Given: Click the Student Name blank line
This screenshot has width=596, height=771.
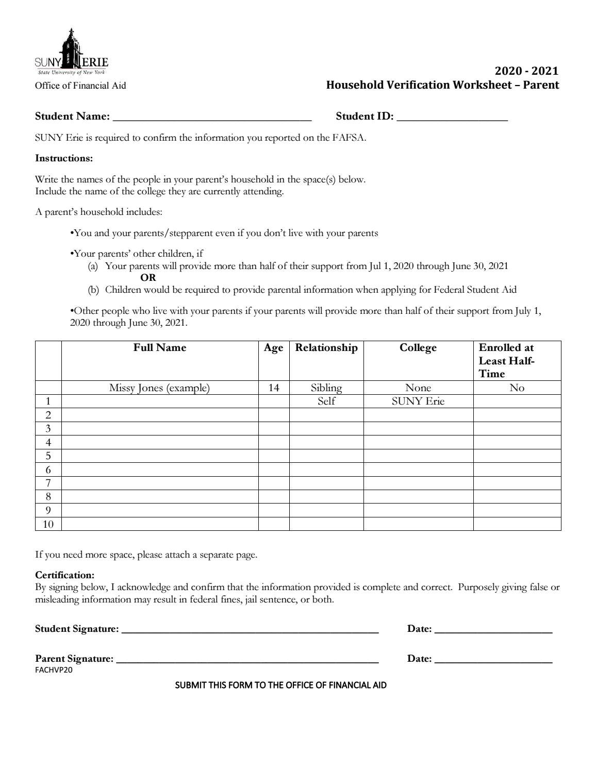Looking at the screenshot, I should click(211, 117).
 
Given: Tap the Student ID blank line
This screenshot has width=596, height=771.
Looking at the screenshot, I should click(452, 117).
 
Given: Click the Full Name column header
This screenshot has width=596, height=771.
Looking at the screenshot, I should click(159, 348).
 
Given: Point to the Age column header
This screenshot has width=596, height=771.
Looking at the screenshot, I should click(273, 348).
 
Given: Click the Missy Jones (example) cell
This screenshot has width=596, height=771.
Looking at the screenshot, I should click(159, 388).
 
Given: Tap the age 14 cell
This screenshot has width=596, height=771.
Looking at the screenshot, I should click(273, 388).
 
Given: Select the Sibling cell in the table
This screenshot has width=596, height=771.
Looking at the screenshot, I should click(326, 388).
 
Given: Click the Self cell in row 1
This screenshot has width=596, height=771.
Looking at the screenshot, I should click(326, 401).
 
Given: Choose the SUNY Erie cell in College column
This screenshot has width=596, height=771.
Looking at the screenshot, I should click(418, 401).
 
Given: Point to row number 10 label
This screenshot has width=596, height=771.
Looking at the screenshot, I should click(48, 524).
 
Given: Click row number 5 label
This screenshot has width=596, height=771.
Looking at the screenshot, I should click(48, 456).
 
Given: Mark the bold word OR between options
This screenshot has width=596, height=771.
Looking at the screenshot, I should click(148, 278).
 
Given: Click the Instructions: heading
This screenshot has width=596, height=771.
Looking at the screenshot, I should click(64, 158).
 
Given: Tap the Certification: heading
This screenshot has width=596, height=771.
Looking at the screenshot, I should click(64, 575).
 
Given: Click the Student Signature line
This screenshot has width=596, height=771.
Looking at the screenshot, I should click(250, 629).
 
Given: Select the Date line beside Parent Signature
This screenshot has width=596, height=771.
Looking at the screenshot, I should click(493, 659).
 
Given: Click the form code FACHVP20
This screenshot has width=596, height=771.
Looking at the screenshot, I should click(54, 671).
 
